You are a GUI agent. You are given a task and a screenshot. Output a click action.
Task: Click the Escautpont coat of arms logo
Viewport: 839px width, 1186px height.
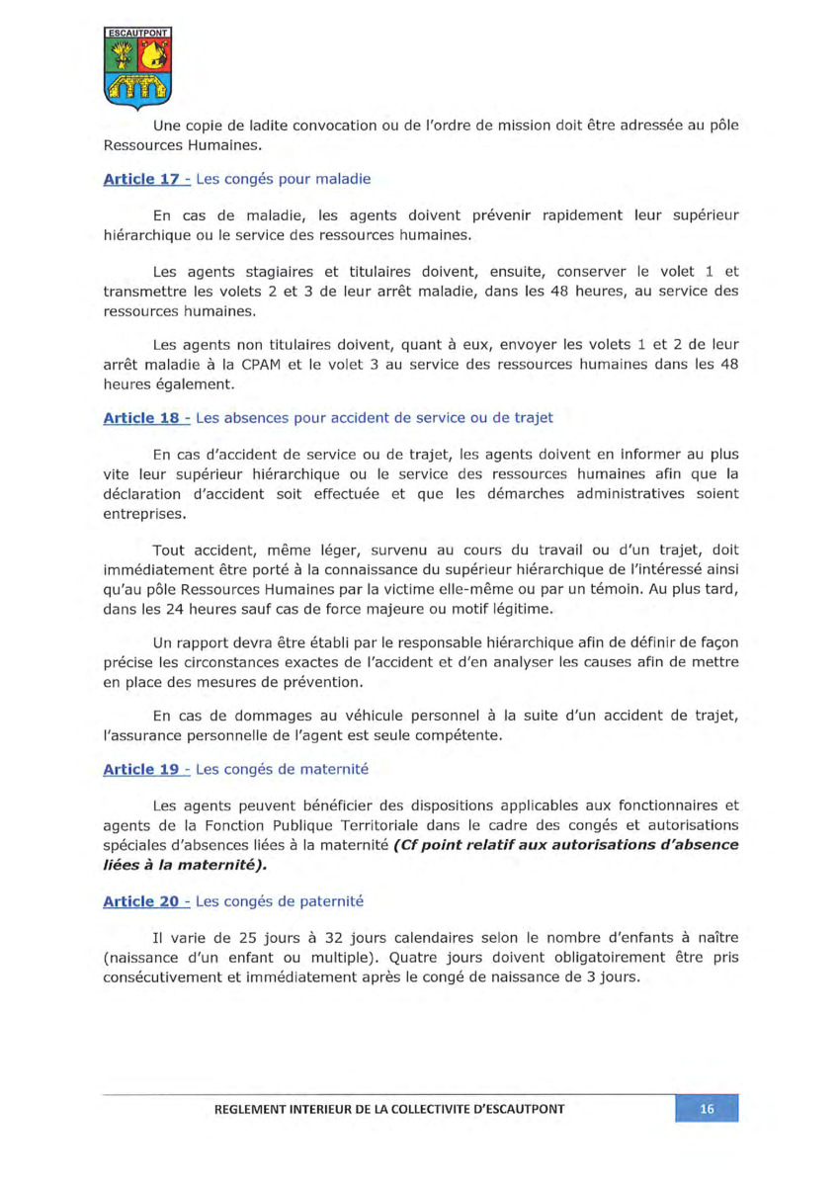click(137, 66)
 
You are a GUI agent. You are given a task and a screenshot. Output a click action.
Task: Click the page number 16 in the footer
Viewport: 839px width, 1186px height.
click(707, 1109)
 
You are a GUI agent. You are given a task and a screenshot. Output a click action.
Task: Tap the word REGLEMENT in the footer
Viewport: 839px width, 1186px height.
click(256, 1109)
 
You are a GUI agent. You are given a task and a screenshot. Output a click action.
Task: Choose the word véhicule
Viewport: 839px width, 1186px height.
click(373, 715)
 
